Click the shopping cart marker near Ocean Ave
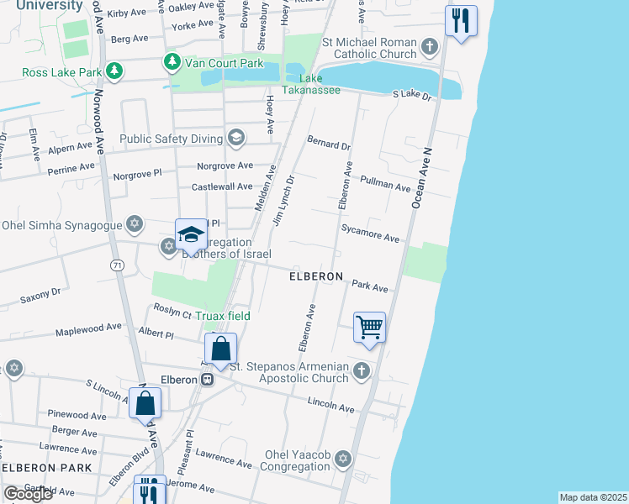[370, 327]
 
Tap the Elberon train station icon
[206, 379]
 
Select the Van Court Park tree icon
[172, 60]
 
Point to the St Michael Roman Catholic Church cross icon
[431, 45]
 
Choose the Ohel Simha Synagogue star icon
[134, 224]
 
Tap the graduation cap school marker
[191, 234]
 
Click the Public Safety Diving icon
[236, 138]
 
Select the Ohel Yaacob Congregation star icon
[342, 459]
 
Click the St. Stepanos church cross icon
[362, 371]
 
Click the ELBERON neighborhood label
[316, 276]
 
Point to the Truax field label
[223, 316]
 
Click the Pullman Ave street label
[384, 184]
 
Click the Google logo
[28, 494]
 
